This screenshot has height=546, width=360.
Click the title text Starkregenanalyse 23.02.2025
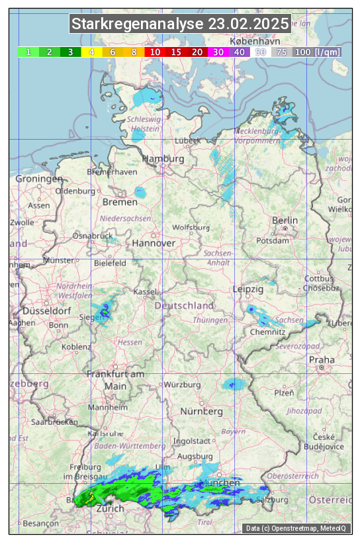180,24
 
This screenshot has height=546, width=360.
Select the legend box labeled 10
155,52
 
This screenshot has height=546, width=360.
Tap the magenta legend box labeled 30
218,52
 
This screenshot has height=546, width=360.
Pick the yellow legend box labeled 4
91,52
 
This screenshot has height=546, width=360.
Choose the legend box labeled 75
282,52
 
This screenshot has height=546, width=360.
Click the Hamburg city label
163,159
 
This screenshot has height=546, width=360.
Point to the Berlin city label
285,220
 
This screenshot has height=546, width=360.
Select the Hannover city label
154,243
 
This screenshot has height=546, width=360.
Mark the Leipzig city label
248,289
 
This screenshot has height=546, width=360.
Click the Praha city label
321,359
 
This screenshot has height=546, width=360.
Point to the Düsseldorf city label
47,310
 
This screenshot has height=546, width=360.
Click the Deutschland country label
184,306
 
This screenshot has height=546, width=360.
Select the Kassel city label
144,292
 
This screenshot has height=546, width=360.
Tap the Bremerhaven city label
112,172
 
